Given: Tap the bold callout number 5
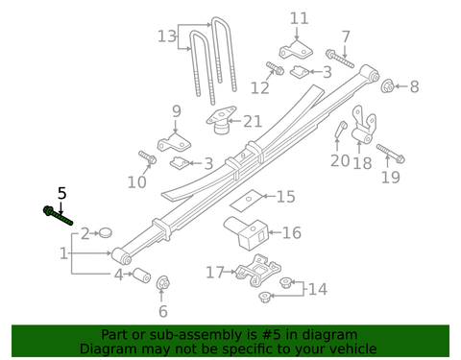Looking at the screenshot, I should click(x=62, y=193).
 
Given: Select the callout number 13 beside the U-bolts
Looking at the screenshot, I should click(x=168, y=36).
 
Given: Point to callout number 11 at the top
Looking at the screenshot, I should click(x=300, y=18).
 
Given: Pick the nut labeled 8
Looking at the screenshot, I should click(x=388, y=87).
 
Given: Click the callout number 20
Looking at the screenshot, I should click(x=340, y=160).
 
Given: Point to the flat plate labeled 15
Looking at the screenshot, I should click(x=248, y=199).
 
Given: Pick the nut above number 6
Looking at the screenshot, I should click(x=162, y=284).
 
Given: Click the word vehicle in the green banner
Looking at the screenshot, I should click(x=352, y=349).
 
